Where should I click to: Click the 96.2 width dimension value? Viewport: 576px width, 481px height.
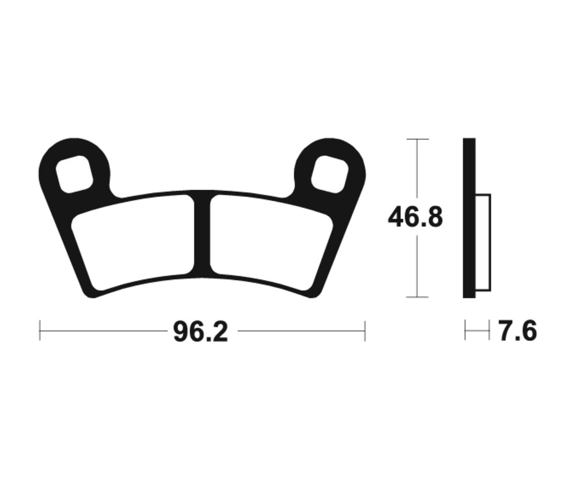[x=200, y=331]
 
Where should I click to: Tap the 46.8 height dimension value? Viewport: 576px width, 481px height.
[x=415, y=217]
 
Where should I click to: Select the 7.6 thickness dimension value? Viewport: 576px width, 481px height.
[x=517, y=331]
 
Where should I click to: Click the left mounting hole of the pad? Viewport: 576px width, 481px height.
[x=74, y=173]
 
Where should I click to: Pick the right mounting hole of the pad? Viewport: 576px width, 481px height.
[x=330, y=173]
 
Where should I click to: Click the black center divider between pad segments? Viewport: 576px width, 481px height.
[x=202, y=233]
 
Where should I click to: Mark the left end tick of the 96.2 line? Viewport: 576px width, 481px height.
[x=40, y=331]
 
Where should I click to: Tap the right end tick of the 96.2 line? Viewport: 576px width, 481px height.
[x=365, y=331]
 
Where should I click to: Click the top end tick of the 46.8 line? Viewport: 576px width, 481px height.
[x=417, y=139]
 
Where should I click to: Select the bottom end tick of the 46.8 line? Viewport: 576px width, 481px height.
[x=417, y=297]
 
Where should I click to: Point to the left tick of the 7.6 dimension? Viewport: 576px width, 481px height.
[x=466, y=331]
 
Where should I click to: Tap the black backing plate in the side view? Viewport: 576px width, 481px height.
[x=469, y=217]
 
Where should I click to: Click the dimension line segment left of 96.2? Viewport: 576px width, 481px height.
[x=102, y=331]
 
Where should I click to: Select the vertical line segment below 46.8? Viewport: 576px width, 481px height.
[x=417, y=265]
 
